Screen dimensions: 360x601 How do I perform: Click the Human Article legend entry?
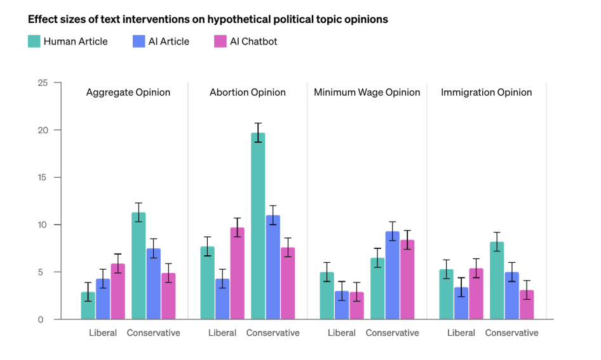(68, 42)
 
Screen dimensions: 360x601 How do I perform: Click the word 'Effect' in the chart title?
(43, 20)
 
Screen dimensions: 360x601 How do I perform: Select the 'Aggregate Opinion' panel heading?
(128, 93)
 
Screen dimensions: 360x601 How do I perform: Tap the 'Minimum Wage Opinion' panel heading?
(367, 93)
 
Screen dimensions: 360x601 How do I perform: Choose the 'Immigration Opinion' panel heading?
(486, 93)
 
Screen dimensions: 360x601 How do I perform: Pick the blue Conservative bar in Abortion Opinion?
(273, 267)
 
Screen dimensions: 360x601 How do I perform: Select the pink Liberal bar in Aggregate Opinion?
(118, 291)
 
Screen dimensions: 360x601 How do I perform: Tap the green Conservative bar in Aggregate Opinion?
(138, 266)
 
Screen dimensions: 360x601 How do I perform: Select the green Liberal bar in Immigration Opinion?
(447, 295)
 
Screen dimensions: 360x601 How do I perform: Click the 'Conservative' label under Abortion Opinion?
(273, 333)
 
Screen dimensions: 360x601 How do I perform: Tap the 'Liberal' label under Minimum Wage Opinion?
(341, 333)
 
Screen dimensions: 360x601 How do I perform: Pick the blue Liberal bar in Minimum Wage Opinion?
(342, 305)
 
